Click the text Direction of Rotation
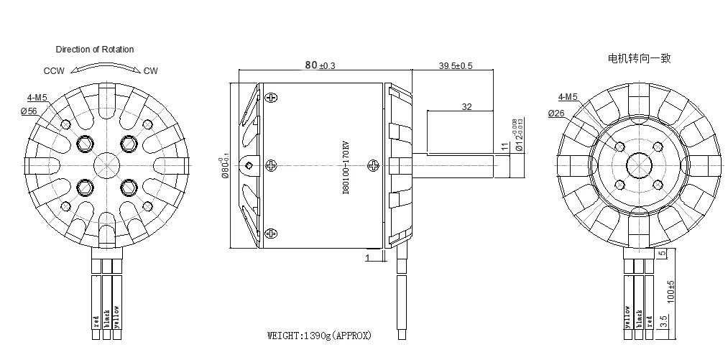[x=95, y=50]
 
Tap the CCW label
[x=54, y=71]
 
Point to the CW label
[x=151, y=71]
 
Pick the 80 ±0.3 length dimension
[x=321, y=65]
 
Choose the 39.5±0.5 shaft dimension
[x=456, y=66]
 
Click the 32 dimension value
[x=467, y=106]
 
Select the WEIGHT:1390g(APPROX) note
[x=320, y=336]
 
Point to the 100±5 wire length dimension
[x=671, y=291]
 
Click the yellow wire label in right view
[x=628, y=318]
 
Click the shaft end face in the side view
[x=512, y=166]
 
